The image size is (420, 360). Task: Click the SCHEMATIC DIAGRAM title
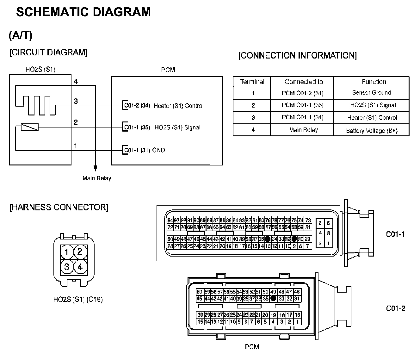coord(83,12)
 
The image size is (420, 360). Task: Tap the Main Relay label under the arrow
coord(97,178)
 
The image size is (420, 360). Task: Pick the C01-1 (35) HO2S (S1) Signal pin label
coord(162,128)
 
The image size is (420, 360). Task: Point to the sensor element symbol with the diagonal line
coord(29,127)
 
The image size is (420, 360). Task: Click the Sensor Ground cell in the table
coord(371,93)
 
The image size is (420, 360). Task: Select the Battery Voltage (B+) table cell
coord(372,131)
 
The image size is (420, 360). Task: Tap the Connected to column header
coord(304,82)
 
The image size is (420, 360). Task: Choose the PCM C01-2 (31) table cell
coord(302,93)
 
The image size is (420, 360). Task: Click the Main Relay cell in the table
coord(303,130)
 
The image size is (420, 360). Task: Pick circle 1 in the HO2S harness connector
coord(67,252)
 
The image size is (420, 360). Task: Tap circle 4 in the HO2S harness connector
coord(80,266)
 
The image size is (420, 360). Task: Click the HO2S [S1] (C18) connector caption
coord(78,299)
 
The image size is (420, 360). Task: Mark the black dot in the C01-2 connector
coord(273,298)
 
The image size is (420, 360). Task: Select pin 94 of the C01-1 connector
coord(170,220)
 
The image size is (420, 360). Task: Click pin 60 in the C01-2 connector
coord(199,292)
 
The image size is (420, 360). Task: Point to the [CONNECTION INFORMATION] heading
coord(297,56)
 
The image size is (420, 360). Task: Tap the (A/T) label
coord(21,35)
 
